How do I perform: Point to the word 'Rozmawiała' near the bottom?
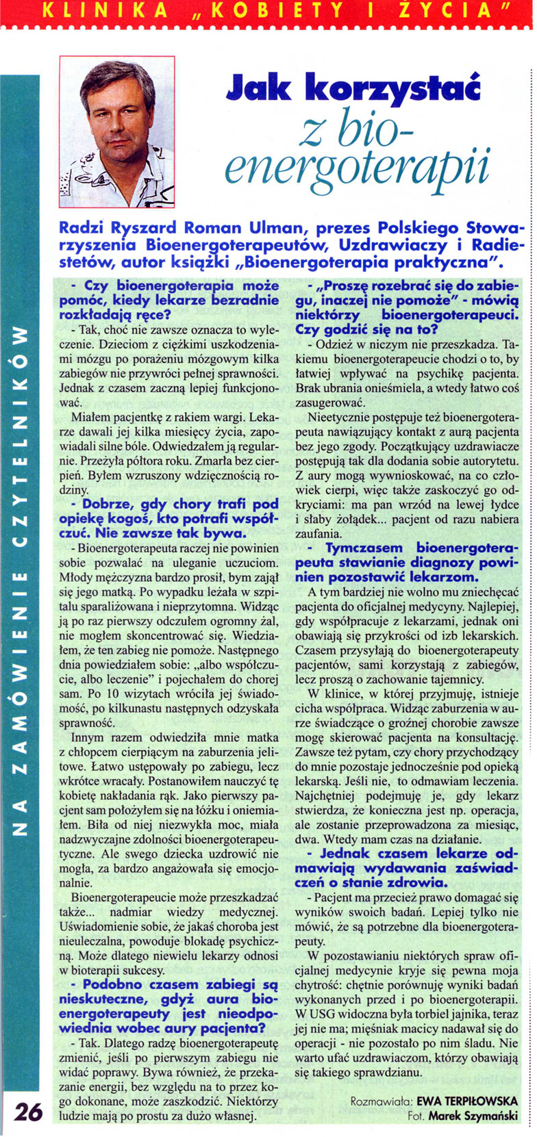[378, 1102]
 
